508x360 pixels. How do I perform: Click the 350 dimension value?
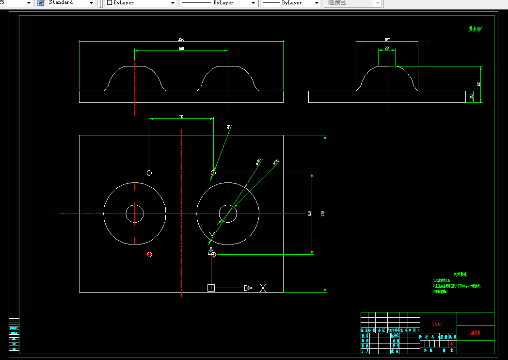(181, 39)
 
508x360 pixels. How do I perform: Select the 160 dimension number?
(181, 49)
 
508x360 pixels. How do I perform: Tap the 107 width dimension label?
(387, 39)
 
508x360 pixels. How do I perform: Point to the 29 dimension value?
(386, 48)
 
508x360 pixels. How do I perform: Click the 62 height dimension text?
(478, 84)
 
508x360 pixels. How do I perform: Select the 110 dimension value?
(181, 116)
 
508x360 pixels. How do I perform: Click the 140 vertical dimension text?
(310, 213)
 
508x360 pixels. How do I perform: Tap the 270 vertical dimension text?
(323, 213)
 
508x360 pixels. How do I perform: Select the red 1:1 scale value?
(452, 344)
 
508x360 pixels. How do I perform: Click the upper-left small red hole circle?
(149, 173)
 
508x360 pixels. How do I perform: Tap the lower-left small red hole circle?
(149, 255)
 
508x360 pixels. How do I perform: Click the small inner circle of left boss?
(135, 213)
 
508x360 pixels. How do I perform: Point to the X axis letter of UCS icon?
(263, 288)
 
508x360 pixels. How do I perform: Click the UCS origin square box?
(211, 288)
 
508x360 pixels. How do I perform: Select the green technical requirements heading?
(460, 274)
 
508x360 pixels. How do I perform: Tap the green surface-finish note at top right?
(476, 29)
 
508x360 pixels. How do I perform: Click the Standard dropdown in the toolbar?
(65, 3)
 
